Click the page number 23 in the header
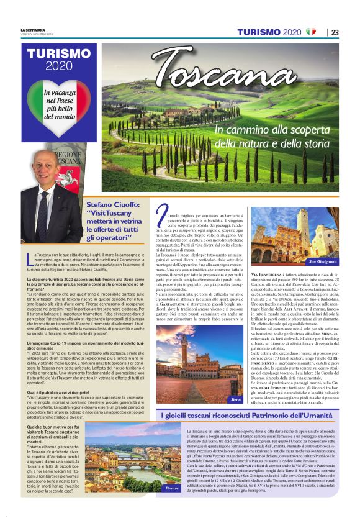coord(335,32)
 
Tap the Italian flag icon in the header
coord(310,32)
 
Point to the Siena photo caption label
coord(235,399)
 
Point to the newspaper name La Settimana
coord(32,29)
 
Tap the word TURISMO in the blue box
coord(59,54)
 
